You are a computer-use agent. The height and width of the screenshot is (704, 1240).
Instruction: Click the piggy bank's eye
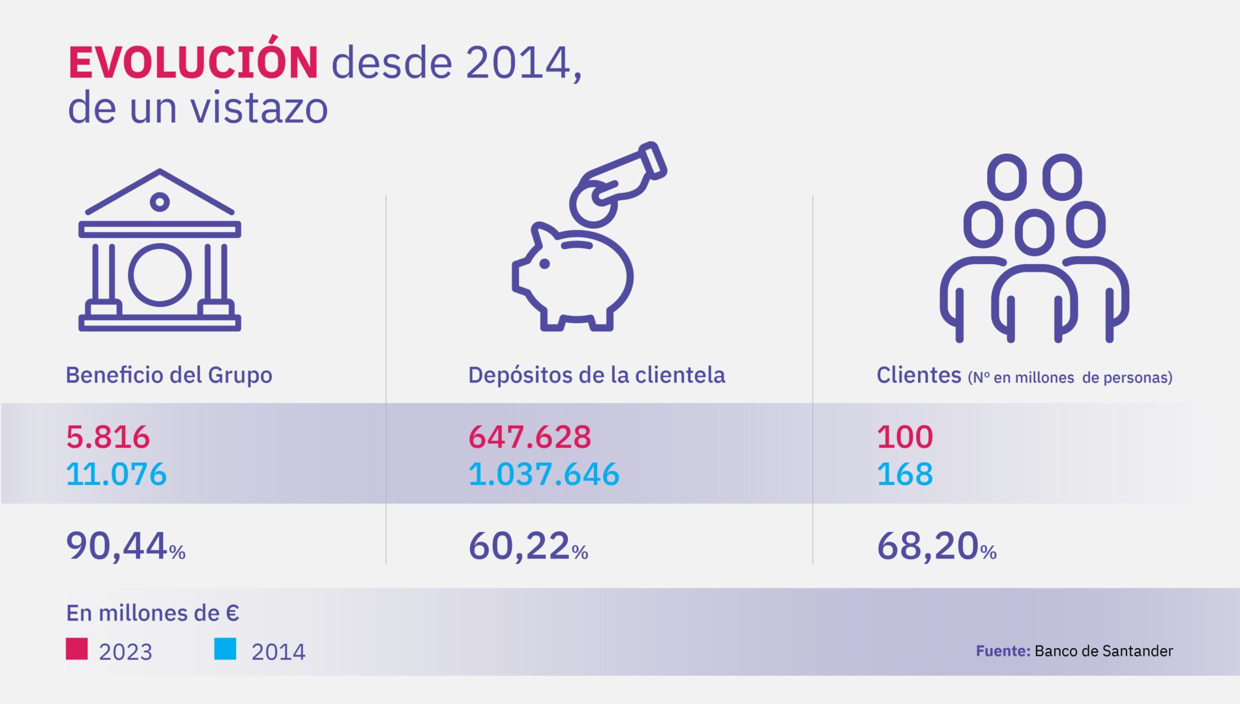(544, 264)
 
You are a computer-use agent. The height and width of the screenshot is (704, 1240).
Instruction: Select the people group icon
(1034, 248)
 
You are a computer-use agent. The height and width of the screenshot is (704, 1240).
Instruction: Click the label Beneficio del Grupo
(169, 375)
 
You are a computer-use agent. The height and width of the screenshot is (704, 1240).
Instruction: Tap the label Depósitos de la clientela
(597, 375)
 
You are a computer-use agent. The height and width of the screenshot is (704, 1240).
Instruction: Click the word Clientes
(919, 375)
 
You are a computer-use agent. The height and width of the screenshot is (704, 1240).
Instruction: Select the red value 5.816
(108, 437)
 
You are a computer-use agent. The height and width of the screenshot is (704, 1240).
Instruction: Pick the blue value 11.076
(116, 474)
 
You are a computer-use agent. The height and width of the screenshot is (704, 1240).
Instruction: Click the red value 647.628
(529, 437)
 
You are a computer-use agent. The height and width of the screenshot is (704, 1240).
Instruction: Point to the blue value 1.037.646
(544, 474)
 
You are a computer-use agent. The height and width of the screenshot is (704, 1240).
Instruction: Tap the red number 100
(905, 437)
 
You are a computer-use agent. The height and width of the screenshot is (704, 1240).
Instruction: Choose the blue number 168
(905, 474)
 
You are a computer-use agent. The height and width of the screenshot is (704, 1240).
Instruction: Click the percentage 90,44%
(126, 546)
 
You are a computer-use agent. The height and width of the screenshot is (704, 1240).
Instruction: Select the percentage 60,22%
(528, 546)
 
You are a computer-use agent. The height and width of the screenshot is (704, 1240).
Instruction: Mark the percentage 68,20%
(937, 546)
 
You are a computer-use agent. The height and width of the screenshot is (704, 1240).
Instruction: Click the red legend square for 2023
(77, 649)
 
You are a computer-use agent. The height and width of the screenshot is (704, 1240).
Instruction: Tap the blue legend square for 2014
(226, 649)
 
